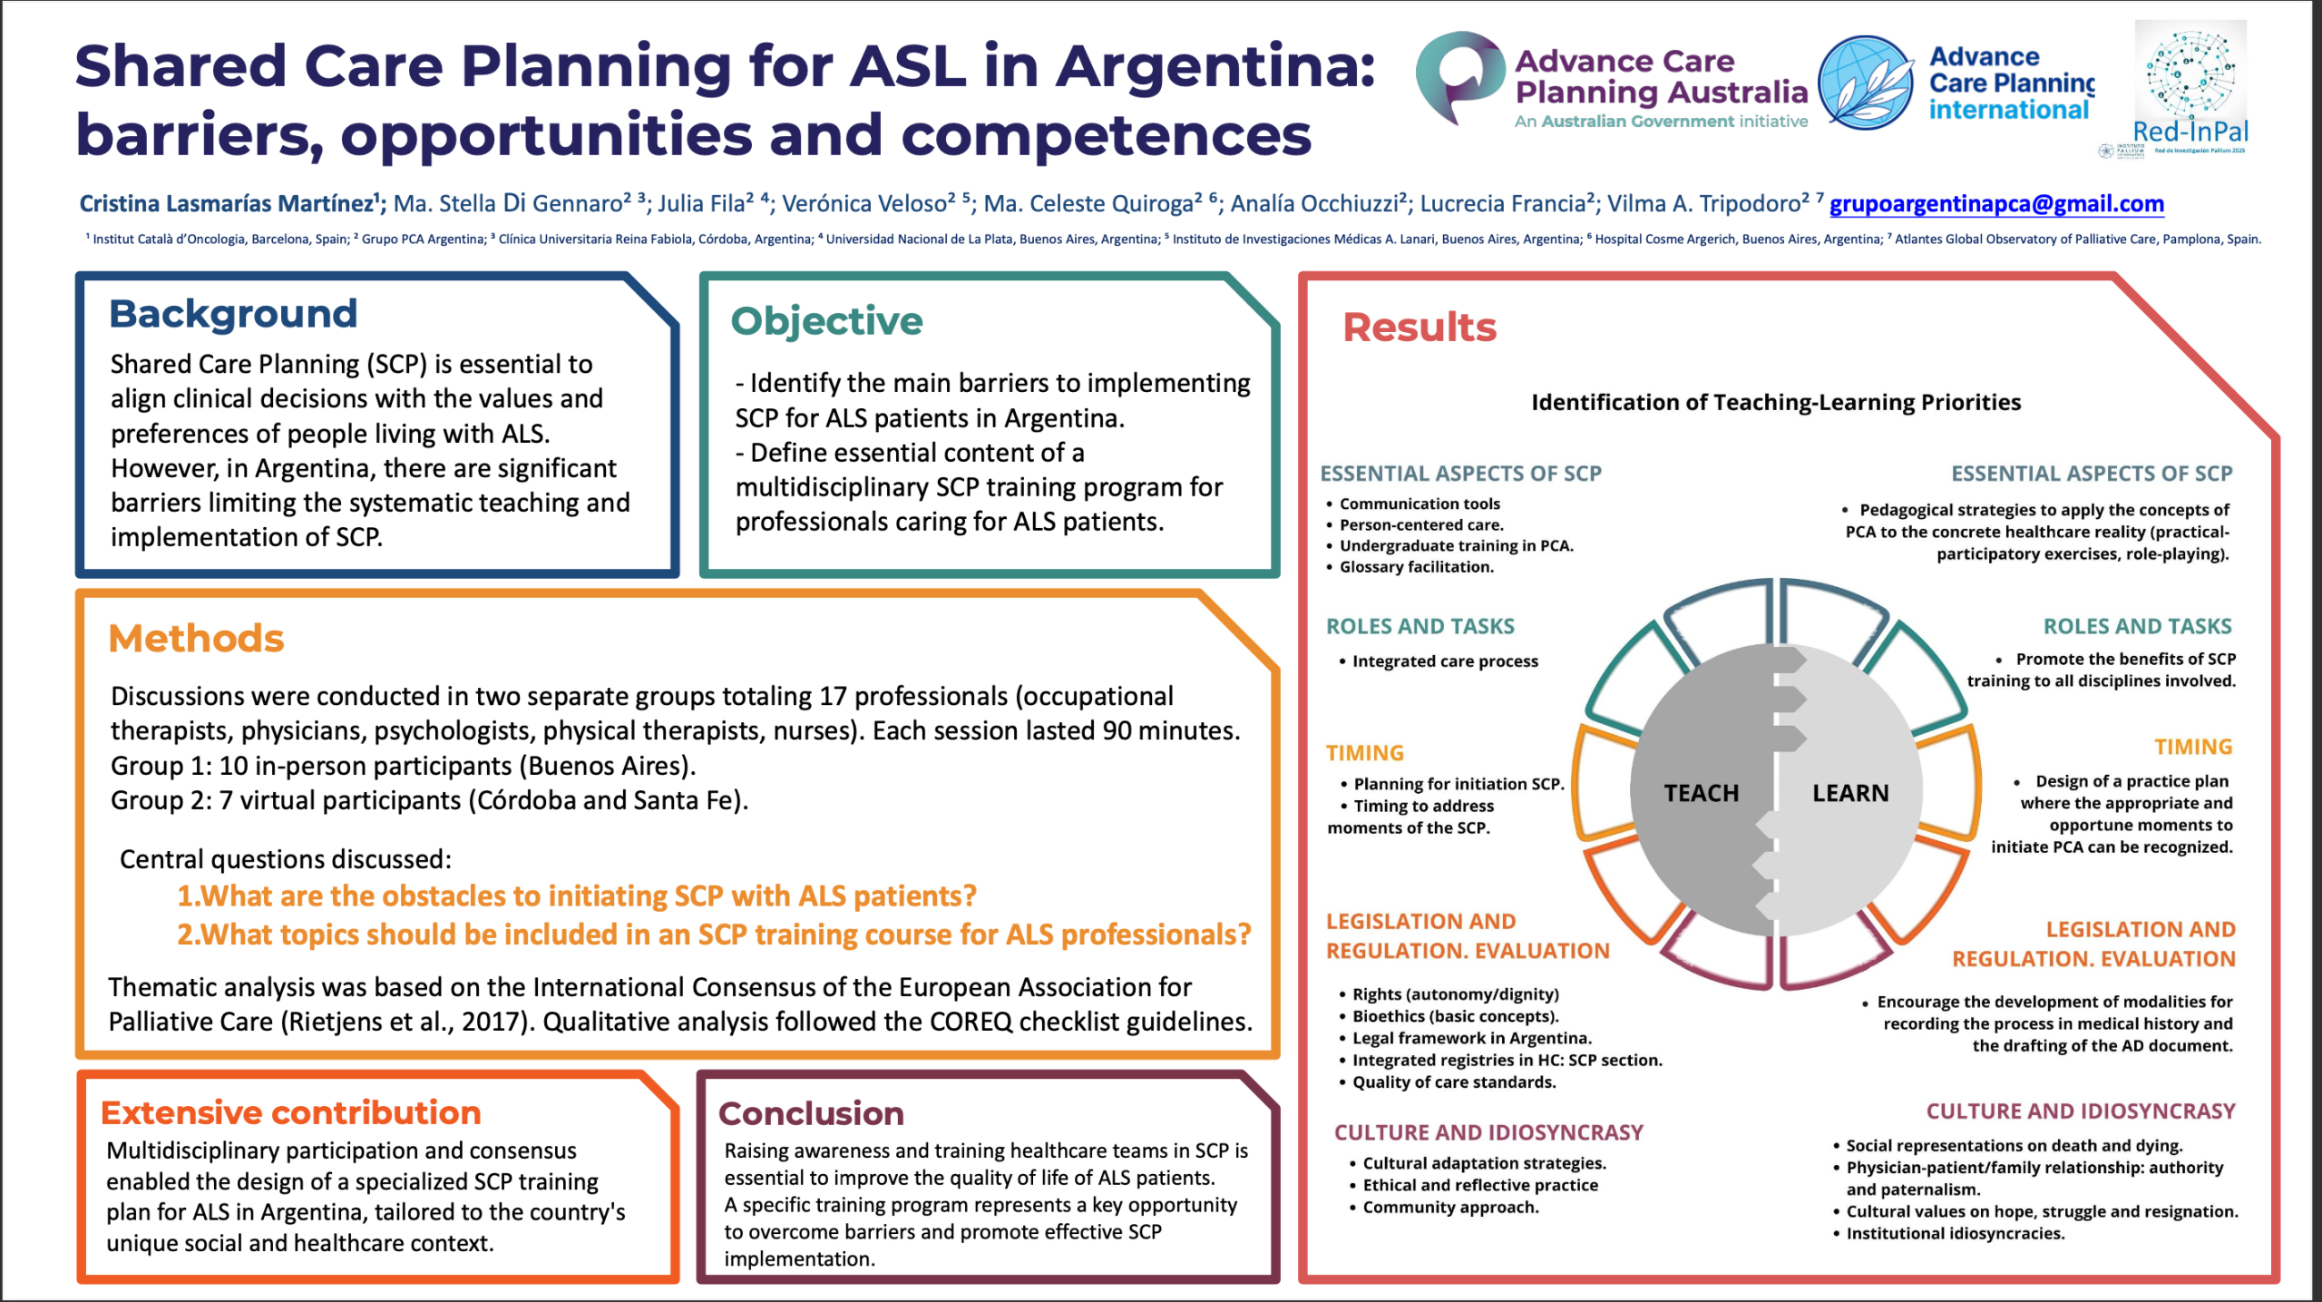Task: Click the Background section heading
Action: pos(233,314)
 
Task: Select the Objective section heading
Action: pos(826,321)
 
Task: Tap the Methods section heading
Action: pos(196,639)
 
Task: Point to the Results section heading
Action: pos(1419,328)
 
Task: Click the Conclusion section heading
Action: pos(811,1113)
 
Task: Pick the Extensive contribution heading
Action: pos(290,1112)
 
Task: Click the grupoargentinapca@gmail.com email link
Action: pos(1996,204)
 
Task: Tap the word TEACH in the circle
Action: pos(1701,794)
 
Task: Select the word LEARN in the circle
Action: pos(1850,794)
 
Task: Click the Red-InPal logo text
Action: pos(2190,132)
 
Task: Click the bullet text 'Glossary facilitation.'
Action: pos(1416,567)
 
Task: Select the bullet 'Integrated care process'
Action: pos(1445,661)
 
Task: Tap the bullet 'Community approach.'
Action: pos(1450,1208)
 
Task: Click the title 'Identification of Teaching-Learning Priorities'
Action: pos(1775,402)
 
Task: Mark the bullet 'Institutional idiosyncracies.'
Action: pos(1955,1234)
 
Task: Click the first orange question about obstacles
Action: pos(576,896)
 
